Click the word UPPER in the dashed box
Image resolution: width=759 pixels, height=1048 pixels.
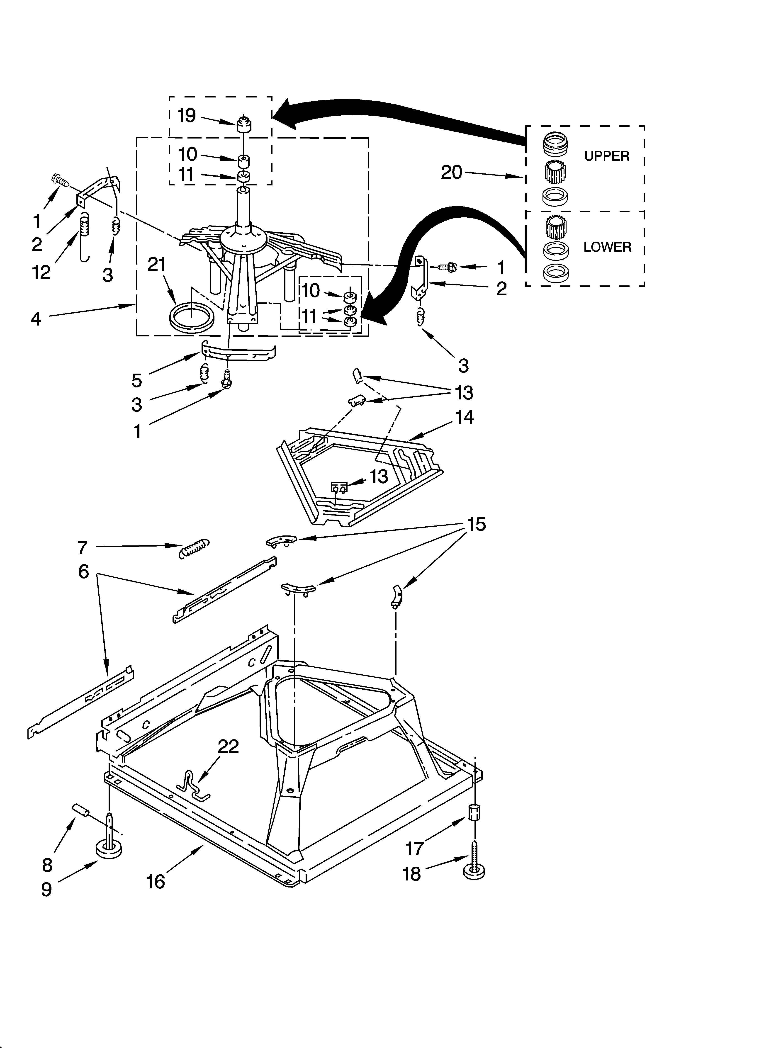click(606, 156)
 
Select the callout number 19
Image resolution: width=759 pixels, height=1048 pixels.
click(187, 116)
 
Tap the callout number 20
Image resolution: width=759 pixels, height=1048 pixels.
click(451, 172)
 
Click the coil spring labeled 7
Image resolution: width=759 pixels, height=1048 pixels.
click(194, 548)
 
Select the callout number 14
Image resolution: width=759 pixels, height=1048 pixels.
click(465, 417)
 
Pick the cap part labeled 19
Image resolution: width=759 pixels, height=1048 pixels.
click(244, 125)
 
